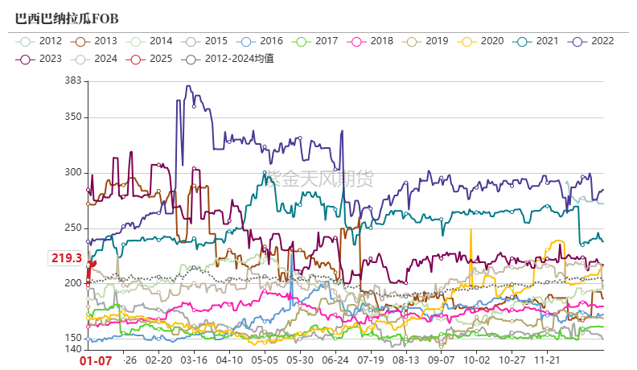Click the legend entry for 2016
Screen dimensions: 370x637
coord(262,40)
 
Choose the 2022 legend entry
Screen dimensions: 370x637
coord(594,40)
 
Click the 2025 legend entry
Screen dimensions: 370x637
coord(152,58)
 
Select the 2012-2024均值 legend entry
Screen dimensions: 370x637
coord(228,58)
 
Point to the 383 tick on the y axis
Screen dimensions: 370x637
coord(72,80)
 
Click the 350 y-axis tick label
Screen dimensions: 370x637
coord(72,117)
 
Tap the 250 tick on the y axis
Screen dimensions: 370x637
coord(72,228)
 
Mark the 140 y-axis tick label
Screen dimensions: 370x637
coord(72,349)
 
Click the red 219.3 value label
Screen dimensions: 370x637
coord(67,258)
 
